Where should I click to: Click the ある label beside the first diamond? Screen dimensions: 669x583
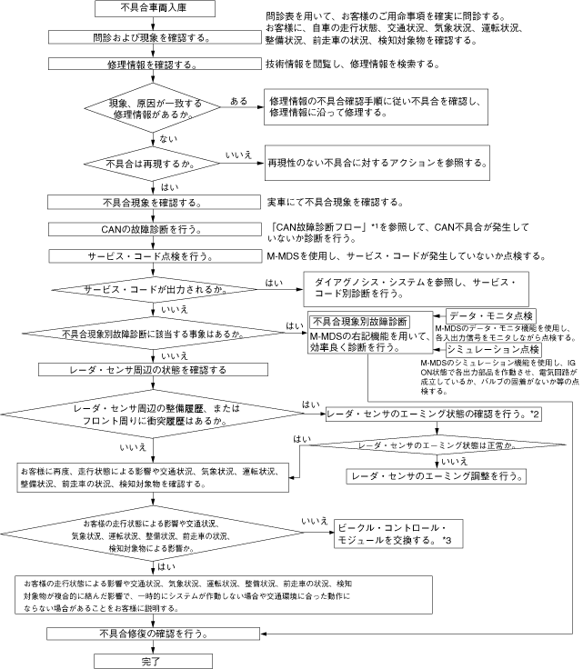click(x=239, y=101)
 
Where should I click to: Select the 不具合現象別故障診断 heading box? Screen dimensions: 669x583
click(x=359, y=321)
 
